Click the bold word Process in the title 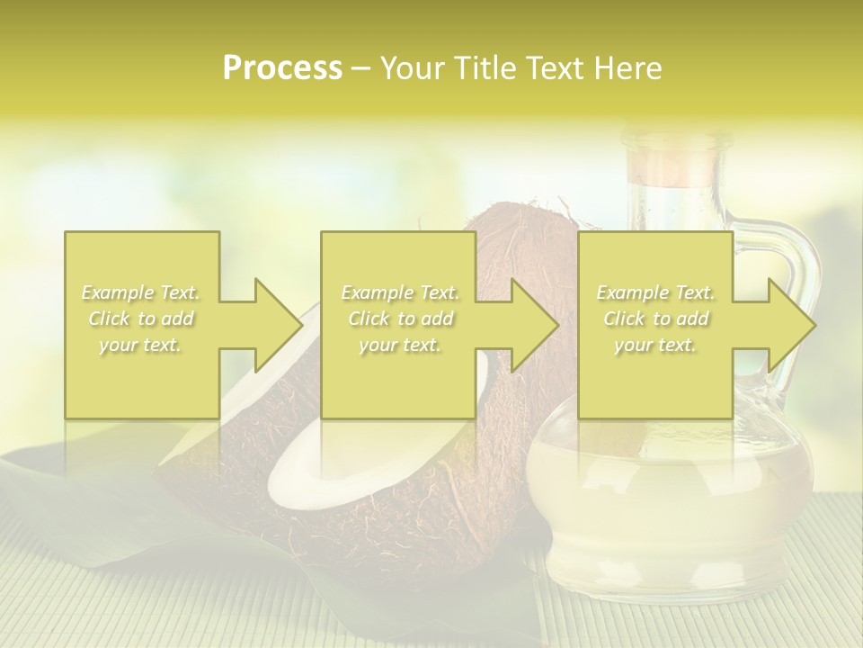tap(282, 68)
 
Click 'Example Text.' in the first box tap(140, 292)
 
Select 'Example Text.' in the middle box tap(400, 292)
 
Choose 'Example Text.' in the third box tap(655, 292)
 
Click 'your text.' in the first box tap(140, 345)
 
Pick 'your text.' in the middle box tap(400, 345)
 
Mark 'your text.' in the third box tap(655, 345)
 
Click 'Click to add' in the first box tap(140, 319)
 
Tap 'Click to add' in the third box tap(655, 319)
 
